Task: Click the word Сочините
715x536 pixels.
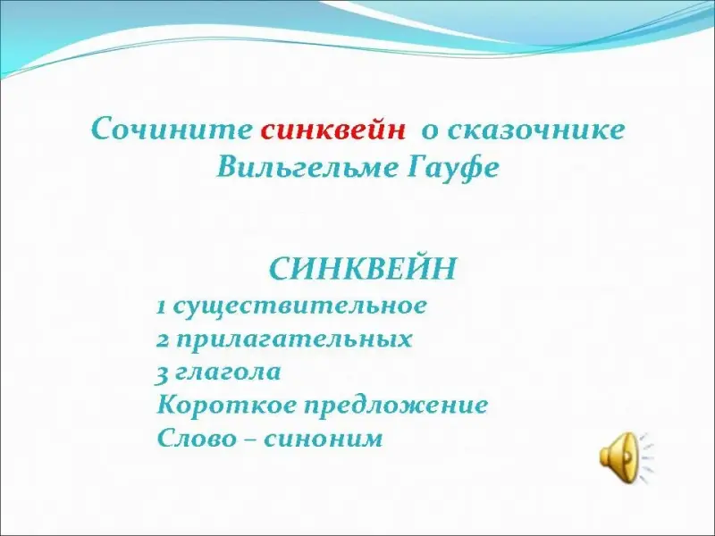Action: pyautogui.click(x=172, y=129)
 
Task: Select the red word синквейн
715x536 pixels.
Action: pyautogui.click(x=332, y=130)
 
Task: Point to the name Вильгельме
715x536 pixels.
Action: pyautogui.click(x=307, y=168)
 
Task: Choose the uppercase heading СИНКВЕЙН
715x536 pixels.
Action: pyautogui.click(x=363, y=269)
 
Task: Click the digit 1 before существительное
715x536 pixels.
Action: pyautogui.click(x=161, y=307)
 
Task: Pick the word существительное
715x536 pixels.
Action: pyautogui.click(x=300, y=307)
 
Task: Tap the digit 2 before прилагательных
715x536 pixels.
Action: pyautogui.click(x=163, y=340)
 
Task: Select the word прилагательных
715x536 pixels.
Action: pyautogui.click(x=294, y=340)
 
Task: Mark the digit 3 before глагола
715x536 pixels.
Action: pyautogui.click(x=162, y=373)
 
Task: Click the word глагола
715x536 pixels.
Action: pyautogui.click(x=228, y=372)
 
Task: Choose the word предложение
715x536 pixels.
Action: pyautogui.click(x=397, y=406)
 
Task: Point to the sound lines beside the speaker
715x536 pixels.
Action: pyautogui.click(x=646, y=456)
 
